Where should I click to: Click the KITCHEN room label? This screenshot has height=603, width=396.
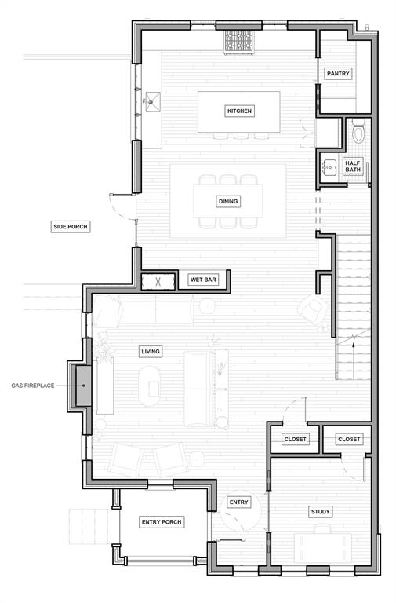tap(239, 111)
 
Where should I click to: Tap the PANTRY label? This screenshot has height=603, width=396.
tap(338, 74)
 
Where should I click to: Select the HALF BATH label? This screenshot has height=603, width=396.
tap(353, 166)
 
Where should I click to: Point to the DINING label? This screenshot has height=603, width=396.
tap(228, 201)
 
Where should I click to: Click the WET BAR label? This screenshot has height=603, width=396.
tap(203, 280)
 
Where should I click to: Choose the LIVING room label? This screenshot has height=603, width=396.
tap(151, 351)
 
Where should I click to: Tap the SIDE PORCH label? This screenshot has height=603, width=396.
tap(71, 226)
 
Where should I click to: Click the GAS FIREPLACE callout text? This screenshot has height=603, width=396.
tap(33, 386)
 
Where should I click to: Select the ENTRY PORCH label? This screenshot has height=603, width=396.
tap(162, 522)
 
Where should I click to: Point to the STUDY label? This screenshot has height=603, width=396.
tap(321, 511)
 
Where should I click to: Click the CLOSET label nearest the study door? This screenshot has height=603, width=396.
tap(349, 439)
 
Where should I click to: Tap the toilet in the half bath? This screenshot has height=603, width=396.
tap(358, 130)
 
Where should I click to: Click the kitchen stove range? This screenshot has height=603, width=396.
tap(239, 42)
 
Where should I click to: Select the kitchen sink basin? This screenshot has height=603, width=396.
tap(152, 102)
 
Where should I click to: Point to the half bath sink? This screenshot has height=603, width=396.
tap(329, 167)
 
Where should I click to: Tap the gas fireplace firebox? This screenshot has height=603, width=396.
tap(83, 386)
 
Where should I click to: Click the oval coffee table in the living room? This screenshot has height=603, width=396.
tap(150, 386)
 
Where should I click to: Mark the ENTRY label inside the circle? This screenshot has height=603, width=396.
tap(239, 502)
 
